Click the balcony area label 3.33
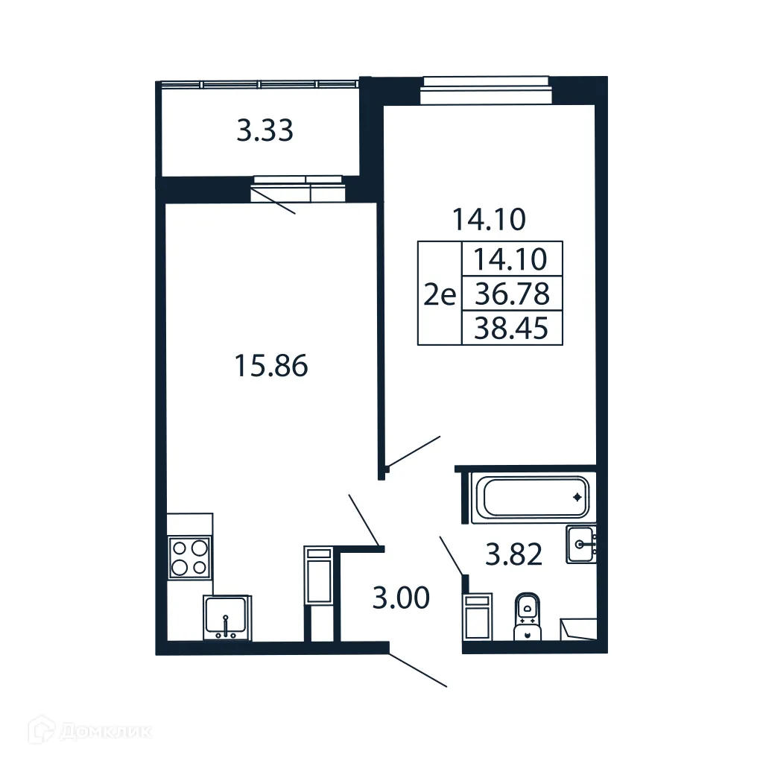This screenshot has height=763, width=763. (265, 131)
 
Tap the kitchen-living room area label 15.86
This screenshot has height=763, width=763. (270, 366)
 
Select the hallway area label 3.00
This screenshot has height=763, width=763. (401, 598)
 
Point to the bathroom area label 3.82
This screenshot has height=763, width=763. (513, 554)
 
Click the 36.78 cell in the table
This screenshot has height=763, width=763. (512, 294)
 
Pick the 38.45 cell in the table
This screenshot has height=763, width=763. (512, 329)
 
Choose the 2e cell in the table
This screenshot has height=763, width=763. (440, 295)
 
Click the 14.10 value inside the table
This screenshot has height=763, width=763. (512, 259)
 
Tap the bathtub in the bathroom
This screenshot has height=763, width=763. (534, 497)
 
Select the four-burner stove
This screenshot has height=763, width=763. (189, 557)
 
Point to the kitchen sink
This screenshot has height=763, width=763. (227, 618)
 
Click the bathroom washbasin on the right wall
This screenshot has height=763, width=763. (581, 544)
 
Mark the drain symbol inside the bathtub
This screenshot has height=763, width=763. (577, 496)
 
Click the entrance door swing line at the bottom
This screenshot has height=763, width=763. (418, 670)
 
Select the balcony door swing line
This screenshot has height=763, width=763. (273, 201)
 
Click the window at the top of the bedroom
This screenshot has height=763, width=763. (484, 89)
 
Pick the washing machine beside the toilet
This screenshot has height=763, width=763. (478, 616)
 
